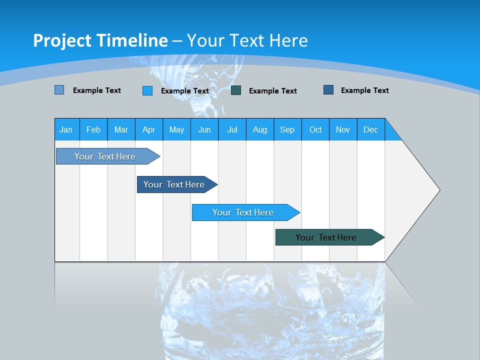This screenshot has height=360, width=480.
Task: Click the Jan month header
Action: coord(66,129)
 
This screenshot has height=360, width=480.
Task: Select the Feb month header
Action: coord(93,129)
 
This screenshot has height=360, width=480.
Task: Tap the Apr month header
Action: coord(148,129)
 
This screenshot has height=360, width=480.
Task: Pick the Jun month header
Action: coord(204,129)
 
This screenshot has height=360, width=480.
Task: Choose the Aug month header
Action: coord(259,129)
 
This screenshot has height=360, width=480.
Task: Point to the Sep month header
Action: coord(287,129)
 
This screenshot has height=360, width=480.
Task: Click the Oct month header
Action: coord(315,129)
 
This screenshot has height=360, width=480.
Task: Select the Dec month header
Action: coord(370,129)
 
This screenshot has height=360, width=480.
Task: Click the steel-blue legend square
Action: coord(59,90)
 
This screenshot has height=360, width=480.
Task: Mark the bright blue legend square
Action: coord(147,90)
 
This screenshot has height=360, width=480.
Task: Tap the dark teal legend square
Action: coord(236,90)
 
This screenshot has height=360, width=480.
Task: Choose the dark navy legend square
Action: coord(328,90)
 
